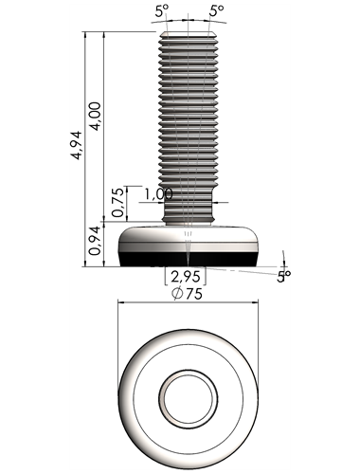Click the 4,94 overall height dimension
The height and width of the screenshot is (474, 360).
[77, 145]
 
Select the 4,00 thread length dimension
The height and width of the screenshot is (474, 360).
[95, 116]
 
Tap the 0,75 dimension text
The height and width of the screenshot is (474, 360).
[117, 202]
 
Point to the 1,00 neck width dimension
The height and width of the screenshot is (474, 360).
[159, 194]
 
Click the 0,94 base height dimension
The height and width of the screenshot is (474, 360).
[95, 241]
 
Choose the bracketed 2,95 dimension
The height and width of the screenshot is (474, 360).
[186, 277]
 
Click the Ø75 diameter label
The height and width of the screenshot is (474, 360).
[188, 294]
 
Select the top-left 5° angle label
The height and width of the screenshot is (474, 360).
[162, 11]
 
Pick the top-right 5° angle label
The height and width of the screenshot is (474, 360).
[217, 11]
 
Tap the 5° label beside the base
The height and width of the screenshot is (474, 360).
[283, 277]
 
